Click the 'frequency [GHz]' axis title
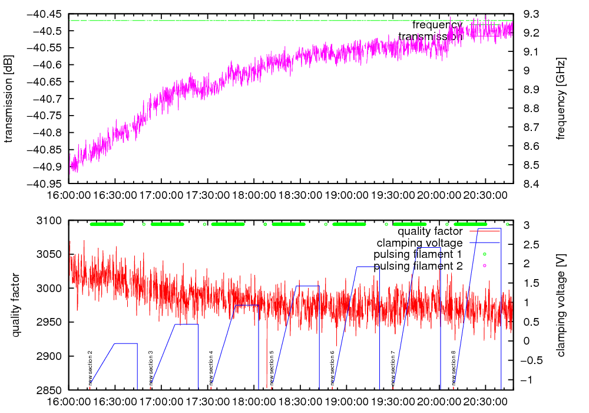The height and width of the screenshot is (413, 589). click(561, 99)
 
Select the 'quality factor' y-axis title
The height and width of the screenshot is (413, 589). click(16, 306)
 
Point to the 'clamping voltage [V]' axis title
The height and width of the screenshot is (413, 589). click(561, 306)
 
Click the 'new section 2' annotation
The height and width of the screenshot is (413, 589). click(90, 368)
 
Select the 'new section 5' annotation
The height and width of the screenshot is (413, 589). click(272, 368)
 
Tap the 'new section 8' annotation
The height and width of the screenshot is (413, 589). click(454, 368)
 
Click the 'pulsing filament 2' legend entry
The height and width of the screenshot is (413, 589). click(418, 266)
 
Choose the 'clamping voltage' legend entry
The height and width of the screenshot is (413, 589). click(420, 242)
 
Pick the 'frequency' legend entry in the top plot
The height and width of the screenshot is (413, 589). click(437, 25)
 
